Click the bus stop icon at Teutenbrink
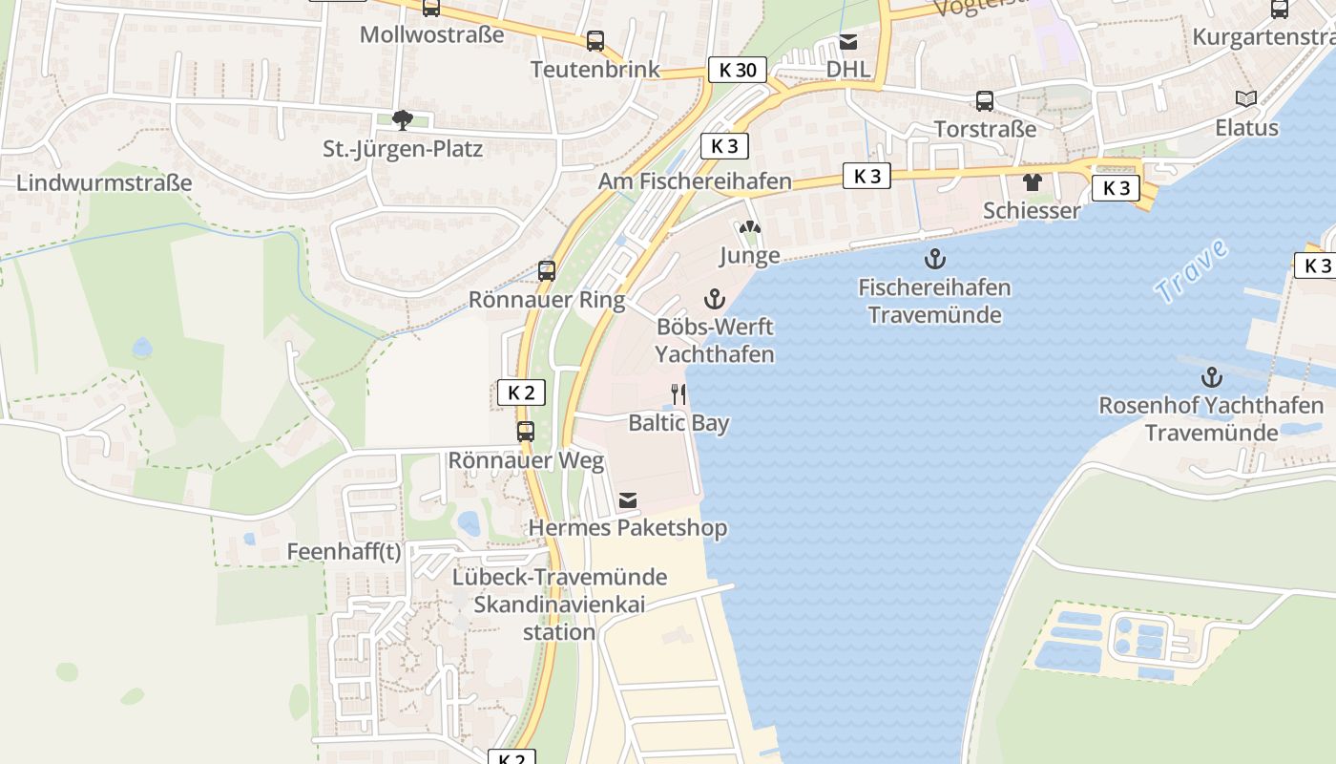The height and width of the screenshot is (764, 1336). click(595, 41)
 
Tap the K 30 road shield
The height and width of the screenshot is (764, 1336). click(737, 70)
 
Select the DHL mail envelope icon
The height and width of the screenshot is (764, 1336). click(847, 42)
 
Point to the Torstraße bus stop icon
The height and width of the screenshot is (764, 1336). click(984, 100)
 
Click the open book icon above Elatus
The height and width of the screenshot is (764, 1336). click(1245, 98)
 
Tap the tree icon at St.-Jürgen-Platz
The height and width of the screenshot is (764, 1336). click(403, 120)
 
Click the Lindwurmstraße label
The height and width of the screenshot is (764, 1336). click(104, 182)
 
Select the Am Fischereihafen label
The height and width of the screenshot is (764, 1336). click(695, 180)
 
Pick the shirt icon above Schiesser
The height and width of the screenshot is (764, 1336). click(1032, 181)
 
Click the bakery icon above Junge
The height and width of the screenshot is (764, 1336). click(749, 228)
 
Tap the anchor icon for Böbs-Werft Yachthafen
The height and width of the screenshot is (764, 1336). click(714, 299)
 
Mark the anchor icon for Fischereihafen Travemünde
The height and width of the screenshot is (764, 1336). click(934, 258)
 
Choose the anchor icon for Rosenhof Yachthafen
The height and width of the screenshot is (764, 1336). click(1211, 376)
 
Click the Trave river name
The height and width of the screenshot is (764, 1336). click(1190, 271)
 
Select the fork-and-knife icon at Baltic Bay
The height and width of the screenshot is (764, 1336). click(678, 393)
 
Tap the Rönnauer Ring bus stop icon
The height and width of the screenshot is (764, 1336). click(546, 270)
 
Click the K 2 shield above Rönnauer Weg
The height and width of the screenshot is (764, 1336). click(521, 393)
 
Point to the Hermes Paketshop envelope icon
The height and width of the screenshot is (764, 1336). click(627, 499)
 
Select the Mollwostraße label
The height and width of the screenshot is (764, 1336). click(431, 34)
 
